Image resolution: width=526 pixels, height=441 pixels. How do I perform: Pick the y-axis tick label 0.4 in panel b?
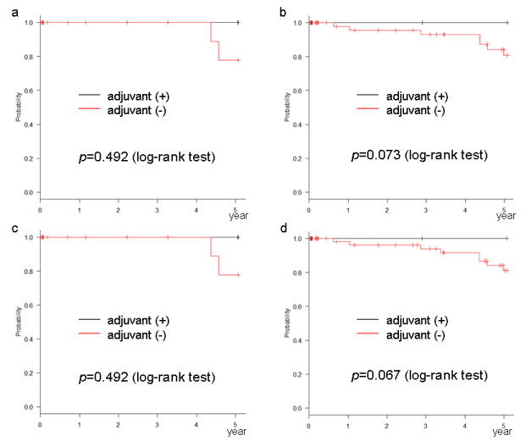pyautogui.click(x=295, y=124)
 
